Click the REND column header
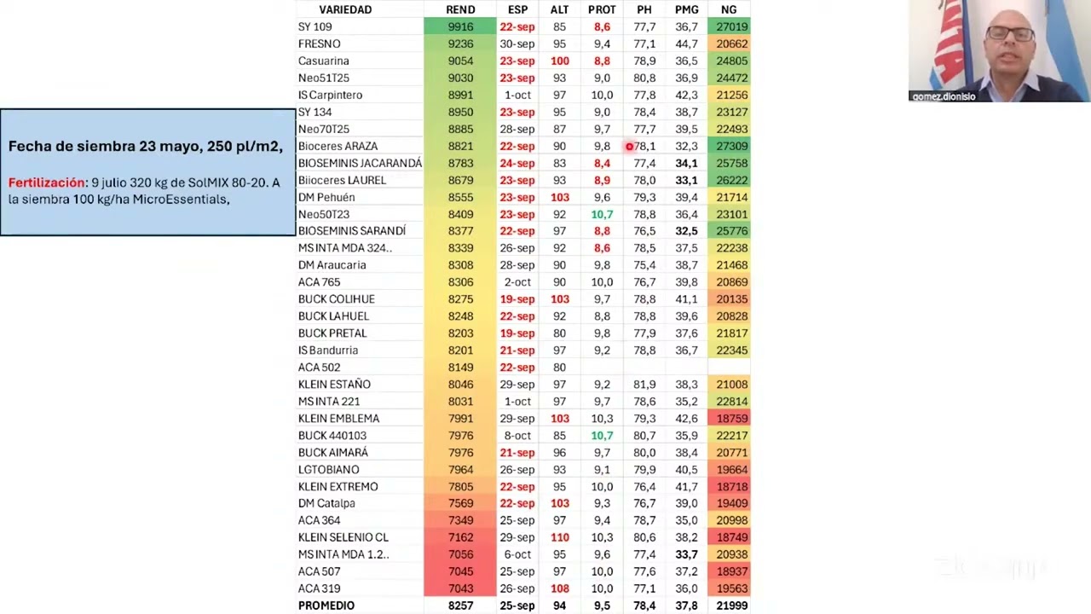pos(460,9)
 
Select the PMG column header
pos(686,9)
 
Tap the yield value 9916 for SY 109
pos(460,26)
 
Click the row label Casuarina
pos(324,61)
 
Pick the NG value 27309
pos(729,146)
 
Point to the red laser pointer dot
pos(630,147)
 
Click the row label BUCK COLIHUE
pos(337,299)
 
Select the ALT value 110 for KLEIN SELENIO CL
pos(559,537)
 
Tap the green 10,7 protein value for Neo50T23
pos(602,214)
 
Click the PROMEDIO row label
pos(326,605)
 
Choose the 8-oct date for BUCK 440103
pos(517,436)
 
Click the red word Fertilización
pos(47,182)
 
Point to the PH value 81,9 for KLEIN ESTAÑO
pos(644,385)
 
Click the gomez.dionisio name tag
pos(944,96)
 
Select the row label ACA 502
pos(320,368)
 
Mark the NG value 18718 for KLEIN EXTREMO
pos(729,486)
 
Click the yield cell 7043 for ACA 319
pos(460,588)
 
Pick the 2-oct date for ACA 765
pos(517,282)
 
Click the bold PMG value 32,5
pos(686,231)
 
